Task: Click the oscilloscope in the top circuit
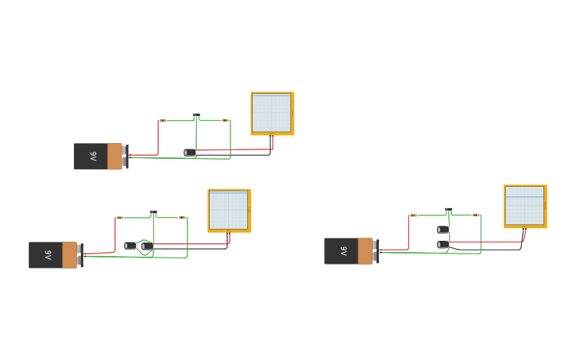click(x=272, y=113)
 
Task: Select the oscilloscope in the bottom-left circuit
click(x=229, y=210)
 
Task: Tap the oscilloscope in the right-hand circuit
click(x=524, y=206)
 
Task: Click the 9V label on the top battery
click(x=93, y=157)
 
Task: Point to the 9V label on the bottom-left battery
click(x=48, y=255)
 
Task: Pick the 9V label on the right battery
click(x=343, y=251)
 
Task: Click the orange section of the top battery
click(x=114, y=157)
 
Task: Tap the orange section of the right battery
click(x=365, y=251)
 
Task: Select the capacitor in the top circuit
click(x=189, y=153)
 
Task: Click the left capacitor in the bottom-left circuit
click(x=130, y=246)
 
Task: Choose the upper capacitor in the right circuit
click(x=443, y=230)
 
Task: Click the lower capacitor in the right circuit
click(x=443, y=245)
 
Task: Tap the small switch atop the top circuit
click(x=196, y=116)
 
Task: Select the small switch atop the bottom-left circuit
click(x=153, y=213)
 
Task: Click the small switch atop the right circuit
click(x=448, y=211)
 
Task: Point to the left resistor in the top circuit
click(x=163, y=121)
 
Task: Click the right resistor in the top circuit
click(x=226, y=121)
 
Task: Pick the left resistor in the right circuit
click(x=414, y=215)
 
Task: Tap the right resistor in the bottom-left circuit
click(x=182, y=218)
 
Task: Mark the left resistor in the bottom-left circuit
click(x=120, y=218)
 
